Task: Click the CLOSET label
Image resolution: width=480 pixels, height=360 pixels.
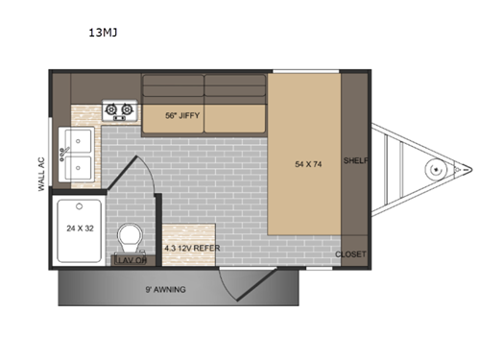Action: (x=350, y=254)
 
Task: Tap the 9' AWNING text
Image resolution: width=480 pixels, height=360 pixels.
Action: (x=166, y=288)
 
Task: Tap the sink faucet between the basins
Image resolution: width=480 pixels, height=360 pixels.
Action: (x=65, y=155)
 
